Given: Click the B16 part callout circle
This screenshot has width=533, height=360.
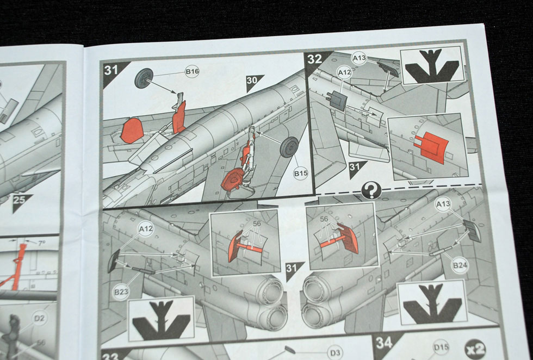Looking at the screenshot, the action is pos(192,71).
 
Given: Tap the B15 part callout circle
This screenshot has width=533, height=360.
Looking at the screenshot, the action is pos(300,173).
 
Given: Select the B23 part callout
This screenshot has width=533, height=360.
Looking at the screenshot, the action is pos(121,291).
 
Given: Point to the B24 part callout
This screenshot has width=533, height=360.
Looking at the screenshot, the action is pos(460,265).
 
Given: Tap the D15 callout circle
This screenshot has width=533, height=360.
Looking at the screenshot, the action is pos(441,347).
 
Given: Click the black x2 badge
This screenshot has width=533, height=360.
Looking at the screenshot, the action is pos(475,349).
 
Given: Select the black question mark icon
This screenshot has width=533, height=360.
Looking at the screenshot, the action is pos(371,190).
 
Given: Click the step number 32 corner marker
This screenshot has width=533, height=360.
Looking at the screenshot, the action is pos(316,60).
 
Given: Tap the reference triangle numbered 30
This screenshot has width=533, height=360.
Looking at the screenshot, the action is pos(253,82).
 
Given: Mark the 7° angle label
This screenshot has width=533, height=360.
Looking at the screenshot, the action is pos(41,244).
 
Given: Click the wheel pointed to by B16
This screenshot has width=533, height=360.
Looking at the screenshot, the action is pos(144,78).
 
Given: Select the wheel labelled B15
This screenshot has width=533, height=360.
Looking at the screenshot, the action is pos(289,147).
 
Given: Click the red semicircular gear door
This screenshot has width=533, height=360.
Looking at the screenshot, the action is pos(132,131).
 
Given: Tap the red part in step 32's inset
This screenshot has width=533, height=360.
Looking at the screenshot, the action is pos(431,147).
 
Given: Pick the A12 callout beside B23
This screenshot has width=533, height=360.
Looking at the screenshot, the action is pos(146,229).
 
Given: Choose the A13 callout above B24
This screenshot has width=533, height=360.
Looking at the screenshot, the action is pos(443,204).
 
